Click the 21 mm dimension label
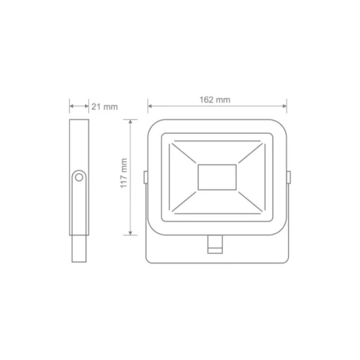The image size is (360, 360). pos(104,107)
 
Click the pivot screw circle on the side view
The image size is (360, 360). pos(79,177)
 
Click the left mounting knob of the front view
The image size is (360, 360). pos(145,177)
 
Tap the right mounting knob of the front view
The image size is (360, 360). pos(288,177)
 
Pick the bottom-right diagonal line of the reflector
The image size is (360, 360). pos(251,200)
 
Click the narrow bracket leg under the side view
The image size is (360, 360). pos(79,249)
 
